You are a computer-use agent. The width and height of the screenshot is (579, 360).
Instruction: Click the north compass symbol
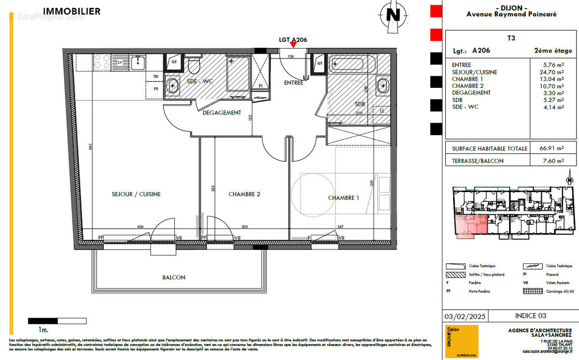(x=394, y=15)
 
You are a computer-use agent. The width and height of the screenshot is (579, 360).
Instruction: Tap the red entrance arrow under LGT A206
(x=293, y=46)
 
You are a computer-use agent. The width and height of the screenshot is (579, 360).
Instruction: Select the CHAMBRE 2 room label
(x=244, y=194)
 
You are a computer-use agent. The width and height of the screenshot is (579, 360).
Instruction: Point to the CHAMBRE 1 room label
(x=344, y=197)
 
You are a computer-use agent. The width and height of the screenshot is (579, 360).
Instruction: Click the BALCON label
(x=173, y=277)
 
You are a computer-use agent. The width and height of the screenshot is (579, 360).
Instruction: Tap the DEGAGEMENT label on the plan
(x=221, y=112)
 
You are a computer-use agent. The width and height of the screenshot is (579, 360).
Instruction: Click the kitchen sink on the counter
(x=139, y=62)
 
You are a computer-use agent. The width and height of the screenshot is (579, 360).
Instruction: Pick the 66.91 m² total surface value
(x=552, y=149)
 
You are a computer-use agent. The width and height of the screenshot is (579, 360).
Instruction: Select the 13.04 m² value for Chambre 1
(x=553, y=79)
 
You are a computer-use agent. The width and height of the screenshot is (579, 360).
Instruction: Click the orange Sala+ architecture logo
(x=461, y=341)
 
